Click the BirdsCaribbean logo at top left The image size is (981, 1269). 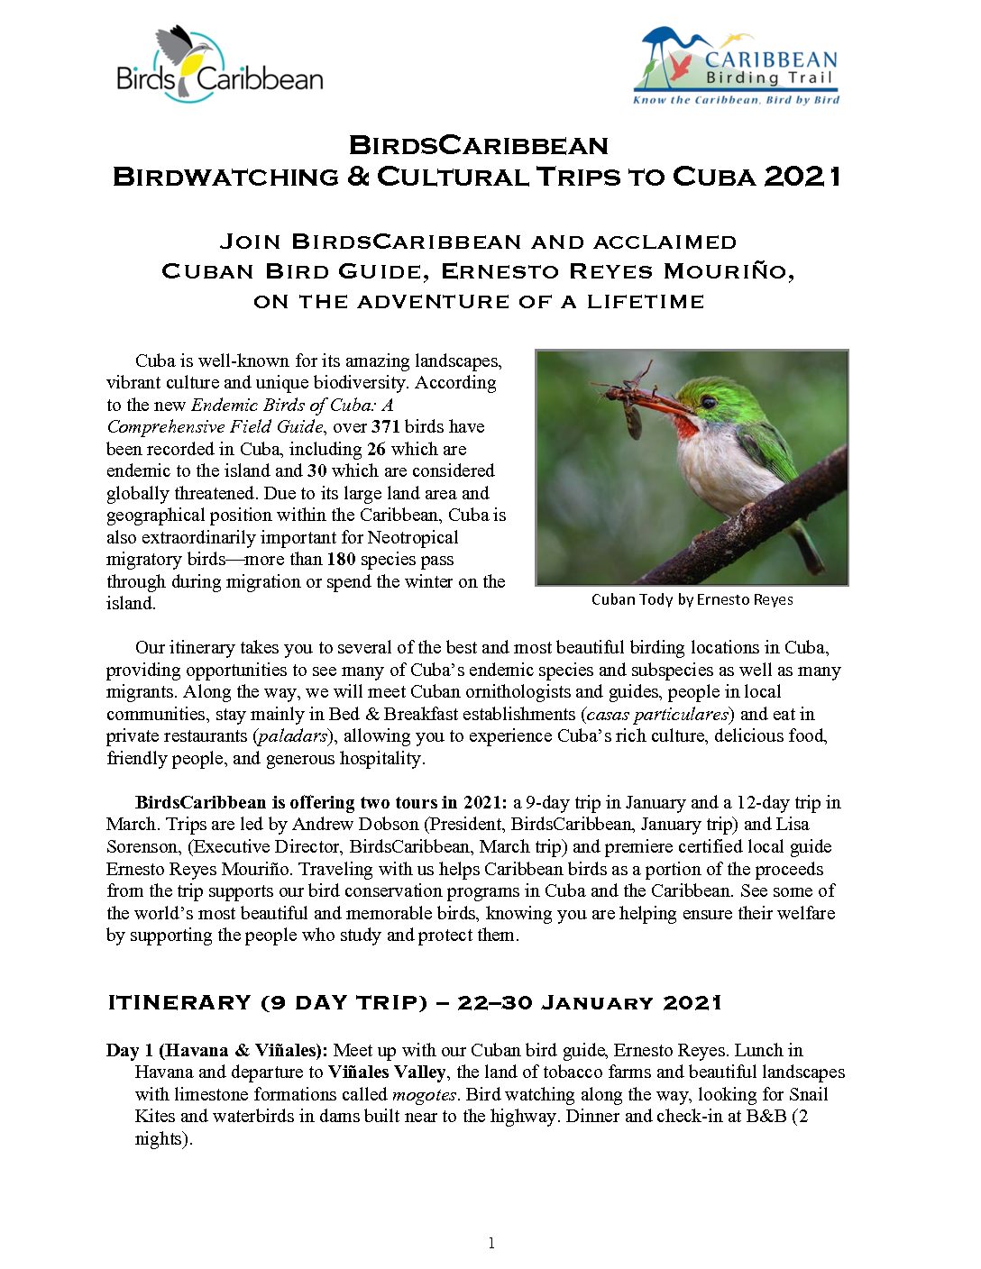tap(219, 64)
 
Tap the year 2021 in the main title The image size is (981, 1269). tap(802, 176)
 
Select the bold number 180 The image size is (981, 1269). tap(341, 559)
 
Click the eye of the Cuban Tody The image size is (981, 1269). tap(709, 402)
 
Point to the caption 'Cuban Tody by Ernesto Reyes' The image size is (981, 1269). tap(692, 599)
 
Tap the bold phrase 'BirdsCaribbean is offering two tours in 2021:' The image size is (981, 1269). tap(322, 802)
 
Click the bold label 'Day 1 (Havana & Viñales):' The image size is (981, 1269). tap(217, 1050)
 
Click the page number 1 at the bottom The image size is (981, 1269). tap(491, 1244)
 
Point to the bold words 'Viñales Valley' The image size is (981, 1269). tap(387, 1072)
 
